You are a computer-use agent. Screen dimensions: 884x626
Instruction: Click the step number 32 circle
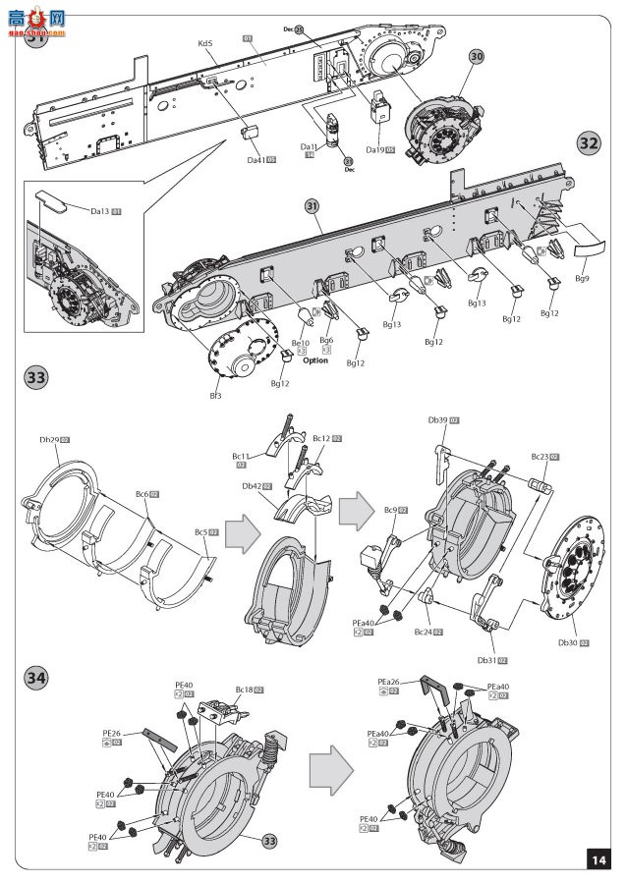coord(589,142)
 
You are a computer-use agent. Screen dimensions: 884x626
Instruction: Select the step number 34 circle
coord(35,678)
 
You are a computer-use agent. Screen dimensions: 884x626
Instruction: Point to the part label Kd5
coord(204,44)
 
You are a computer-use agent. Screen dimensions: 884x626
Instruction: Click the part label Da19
coord(374,150)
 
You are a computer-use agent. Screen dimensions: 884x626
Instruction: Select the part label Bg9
coord(582,279)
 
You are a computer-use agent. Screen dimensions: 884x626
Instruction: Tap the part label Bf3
coord(215,396)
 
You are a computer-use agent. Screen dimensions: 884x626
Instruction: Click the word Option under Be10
coord(315,360)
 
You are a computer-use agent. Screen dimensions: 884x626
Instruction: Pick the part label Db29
coord(50,440)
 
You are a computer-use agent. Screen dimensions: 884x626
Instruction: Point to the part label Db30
coord(567,642)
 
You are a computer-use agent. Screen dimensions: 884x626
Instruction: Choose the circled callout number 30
coord(477,58)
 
